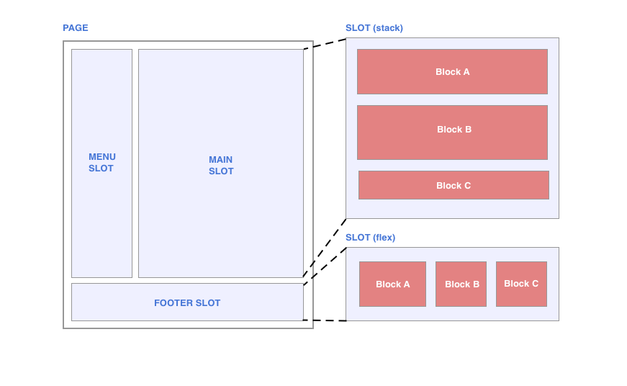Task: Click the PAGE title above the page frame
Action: tap(75, 28)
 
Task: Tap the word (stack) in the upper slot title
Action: tap(387, 28)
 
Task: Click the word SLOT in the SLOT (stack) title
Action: tap(358, 28)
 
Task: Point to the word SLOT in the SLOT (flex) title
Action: tap(358, 238)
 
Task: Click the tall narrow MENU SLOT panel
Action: tap(102, 216)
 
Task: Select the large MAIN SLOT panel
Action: tap(221, 216)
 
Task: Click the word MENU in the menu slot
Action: tap(102, 157)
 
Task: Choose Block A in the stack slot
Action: tap(452, 72)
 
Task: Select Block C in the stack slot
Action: tap(454, 185)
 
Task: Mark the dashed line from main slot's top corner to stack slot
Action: tap(325, 44)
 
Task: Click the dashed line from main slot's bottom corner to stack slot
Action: tap(325, 248)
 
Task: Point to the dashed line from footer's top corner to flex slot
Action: tap(325, 266)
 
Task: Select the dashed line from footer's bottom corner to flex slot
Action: tap(325, 320)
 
